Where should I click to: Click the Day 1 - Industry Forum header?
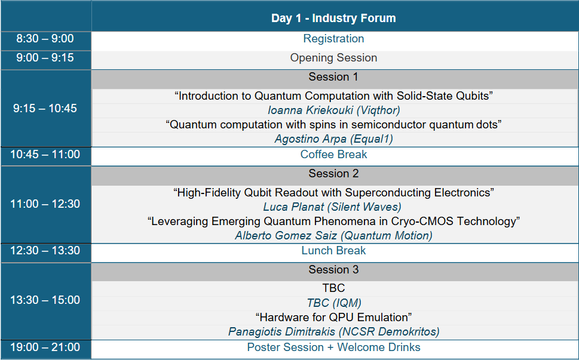[x=333, y=18]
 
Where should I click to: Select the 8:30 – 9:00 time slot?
[x=45, y=39]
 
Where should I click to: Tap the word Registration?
[x=333, y=39]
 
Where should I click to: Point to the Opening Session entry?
[x=333, y=58]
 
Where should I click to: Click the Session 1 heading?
[x=333, y=77]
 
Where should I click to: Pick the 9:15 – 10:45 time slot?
[x=45, y=109]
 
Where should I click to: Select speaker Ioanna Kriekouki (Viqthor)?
[x=333, y=110]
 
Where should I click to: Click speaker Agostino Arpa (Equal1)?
[x=333, y=139]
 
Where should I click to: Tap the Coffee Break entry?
[x=333, y=155]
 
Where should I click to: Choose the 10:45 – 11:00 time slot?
[x=45, y=155]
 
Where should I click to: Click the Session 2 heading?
[x=333, y=174]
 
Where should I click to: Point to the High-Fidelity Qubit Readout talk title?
[x=333, y=193]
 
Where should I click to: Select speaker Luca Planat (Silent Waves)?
[x=332, y=207]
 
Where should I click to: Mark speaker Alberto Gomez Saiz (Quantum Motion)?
[x=333, y=236]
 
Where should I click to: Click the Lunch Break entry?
[x=333, y=251]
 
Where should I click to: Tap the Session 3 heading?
[x=333, y=270]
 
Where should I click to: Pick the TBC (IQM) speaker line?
[x=334, y=303]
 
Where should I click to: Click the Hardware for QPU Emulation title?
[x=333, y=317]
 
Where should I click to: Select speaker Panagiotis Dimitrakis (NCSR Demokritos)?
[x=333, y=331]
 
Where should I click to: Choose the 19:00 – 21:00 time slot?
[x=45, y=347]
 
